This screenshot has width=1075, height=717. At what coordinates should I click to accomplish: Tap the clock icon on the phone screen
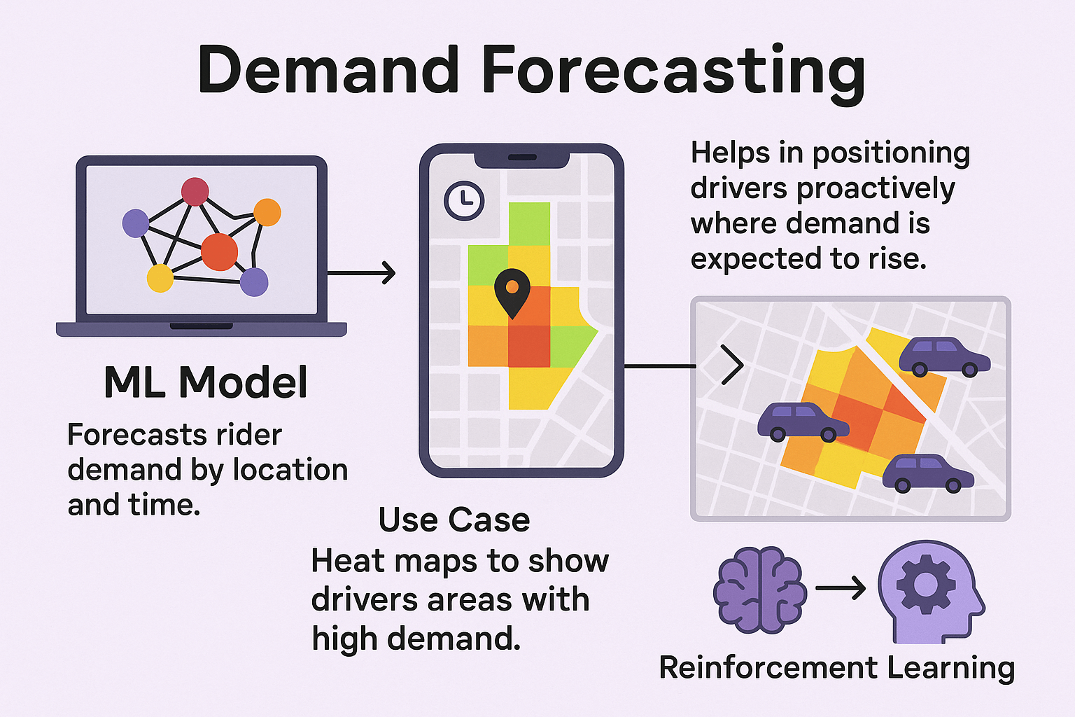[x=464, y=201]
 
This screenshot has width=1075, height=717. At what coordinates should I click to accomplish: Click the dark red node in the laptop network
[x=195, y=191]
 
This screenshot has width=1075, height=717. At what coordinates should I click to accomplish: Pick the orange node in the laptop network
[x=267, y=212]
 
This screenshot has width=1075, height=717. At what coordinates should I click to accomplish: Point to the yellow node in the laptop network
[x=160, y=278]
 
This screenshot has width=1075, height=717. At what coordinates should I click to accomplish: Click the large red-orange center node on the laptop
[x=219, y=252]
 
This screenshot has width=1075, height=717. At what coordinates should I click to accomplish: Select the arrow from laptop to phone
[x=361, y=272]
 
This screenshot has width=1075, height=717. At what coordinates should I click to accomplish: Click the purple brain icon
[x=760, y=590]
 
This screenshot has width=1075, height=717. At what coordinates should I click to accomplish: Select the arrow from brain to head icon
[x=841, y=588]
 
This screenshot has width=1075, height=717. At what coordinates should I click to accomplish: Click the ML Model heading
[x=206, y=382]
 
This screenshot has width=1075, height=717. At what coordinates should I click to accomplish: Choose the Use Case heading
[x=454, y=520]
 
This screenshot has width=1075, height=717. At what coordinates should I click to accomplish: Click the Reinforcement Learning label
[x=836, y=667]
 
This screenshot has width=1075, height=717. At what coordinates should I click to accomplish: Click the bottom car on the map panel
[x=927, y=474]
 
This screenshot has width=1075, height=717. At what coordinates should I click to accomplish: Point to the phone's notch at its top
[x=521, y=158]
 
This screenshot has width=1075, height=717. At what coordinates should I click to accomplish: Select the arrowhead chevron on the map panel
[x=733, y=365]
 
